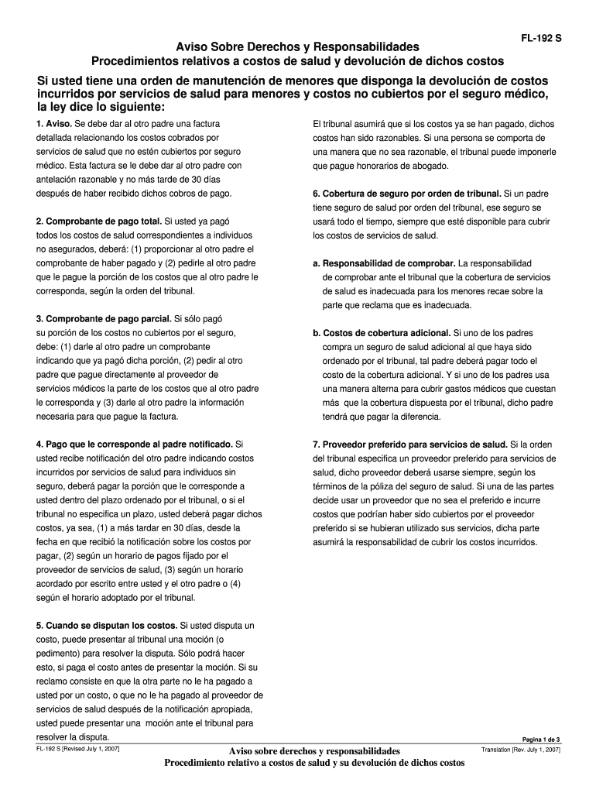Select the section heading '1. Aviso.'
53,124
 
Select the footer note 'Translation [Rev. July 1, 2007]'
520,750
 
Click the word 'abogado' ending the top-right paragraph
430,166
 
